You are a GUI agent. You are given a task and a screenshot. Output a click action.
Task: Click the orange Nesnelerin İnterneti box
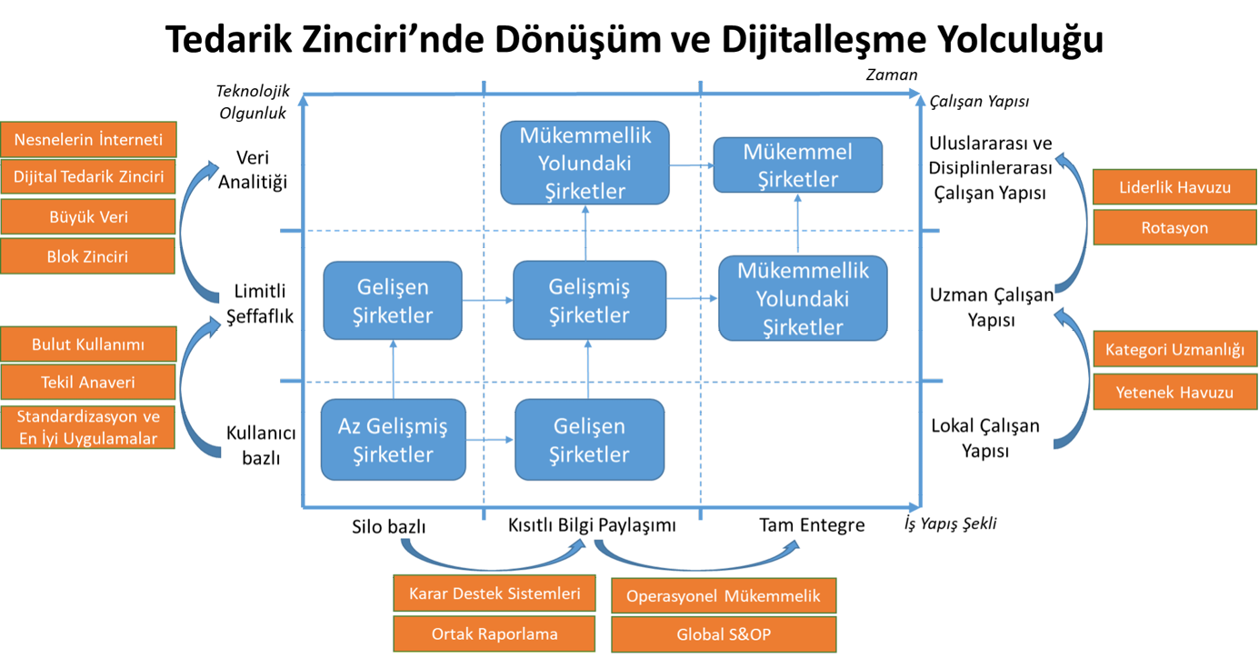89,140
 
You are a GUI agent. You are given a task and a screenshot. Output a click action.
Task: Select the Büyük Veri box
89,218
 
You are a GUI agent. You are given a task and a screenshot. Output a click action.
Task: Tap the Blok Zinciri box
88,257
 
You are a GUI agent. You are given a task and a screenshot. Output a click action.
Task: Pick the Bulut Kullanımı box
88,345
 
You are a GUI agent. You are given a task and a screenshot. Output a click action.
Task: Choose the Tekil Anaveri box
88,383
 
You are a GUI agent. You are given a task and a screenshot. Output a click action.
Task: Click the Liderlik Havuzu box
1174,188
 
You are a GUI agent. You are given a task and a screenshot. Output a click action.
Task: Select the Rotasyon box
1174,227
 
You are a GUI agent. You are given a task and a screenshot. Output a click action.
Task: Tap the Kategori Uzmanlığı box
1174,349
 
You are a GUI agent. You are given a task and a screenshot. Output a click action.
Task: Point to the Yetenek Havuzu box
1174,393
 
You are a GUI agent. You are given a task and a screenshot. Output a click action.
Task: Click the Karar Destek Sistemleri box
495,594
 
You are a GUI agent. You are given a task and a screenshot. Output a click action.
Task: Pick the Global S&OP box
724,634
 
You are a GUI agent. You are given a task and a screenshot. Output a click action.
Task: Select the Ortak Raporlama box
495,634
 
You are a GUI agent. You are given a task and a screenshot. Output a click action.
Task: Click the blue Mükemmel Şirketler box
797,165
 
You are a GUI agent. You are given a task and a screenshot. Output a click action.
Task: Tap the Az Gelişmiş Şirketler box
393,440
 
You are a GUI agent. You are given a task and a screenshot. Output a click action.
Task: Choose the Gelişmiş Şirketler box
588,301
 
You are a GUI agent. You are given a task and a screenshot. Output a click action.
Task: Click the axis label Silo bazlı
389,527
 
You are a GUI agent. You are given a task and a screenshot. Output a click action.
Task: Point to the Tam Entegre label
812,525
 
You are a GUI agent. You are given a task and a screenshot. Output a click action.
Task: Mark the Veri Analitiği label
254,170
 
